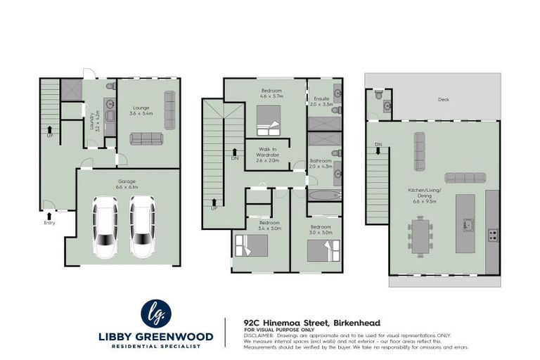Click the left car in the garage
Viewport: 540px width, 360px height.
pos(106,227)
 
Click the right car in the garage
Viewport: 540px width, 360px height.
pos(143,227)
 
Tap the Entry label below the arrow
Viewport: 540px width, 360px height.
pos(49,223)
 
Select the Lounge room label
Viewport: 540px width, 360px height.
pos(141,109)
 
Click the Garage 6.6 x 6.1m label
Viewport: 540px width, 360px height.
pos(126,184)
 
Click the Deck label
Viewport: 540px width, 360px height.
pos(443,100)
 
